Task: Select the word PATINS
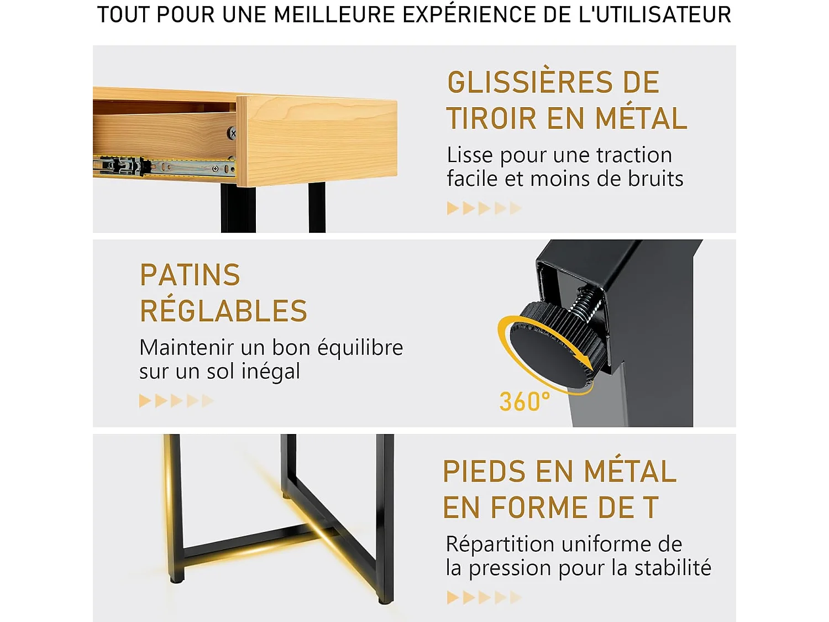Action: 190,275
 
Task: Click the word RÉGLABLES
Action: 223,311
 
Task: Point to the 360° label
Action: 524,402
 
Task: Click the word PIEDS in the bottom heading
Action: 484,472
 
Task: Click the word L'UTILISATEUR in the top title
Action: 654,15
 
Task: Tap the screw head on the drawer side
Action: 233,133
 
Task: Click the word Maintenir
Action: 187,348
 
